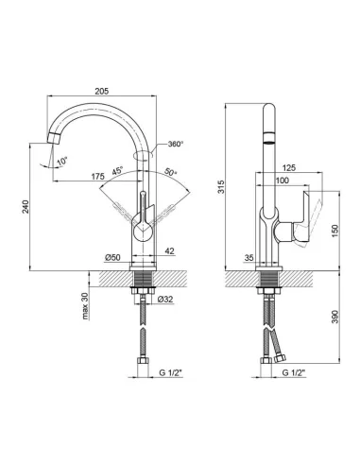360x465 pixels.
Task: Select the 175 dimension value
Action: click(97, 176)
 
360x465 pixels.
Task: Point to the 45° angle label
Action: click(118, 173)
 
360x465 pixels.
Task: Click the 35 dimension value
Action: click(249, 256)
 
